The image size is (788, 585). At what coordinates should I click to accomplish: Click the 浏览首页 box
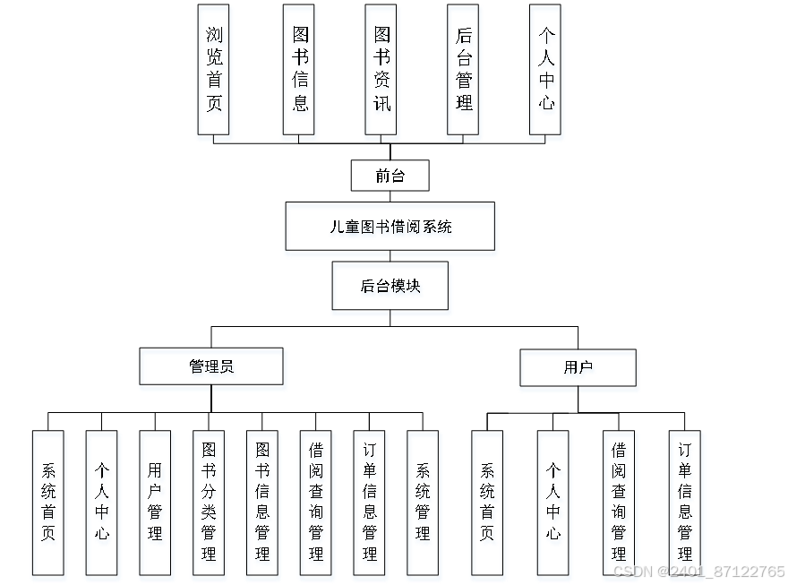tap(213, 69)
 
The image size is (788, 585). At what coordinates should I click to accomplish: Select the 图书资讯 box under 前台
tap(381, 69)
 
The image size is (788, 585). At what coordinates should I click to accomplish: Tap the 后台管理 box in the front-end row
tap(463, 69)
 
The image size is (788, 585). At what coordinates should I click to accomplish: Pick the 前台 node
tap(390, 176)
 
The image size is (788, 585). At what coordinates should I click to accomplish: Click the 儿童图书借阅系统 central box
tap(390, 226)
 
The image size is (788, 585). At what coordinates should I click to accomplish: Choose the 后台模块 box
tap(390, 286)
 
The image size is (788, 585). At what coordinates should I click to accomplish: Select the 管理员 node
tap(211, 366)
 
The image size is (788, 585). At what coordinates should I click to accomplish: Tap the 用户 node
tap(578, 367)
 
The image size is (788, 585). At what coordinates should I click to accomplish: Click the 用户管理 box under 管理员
tap(155, 503)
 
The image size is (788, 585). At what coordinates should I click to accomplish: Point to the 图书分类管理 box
tap(209, 503)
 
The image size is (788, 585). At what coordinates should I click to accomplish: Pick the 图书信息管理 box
tap(262, 503)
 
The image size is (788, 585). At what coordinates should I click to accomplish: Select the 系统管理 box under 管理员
tap(423, 503)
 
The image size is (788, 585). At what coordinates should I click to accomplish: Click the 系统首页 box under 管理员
tap(47, 503)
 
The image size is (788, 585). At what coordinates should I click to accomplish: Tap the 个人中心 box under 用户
tap(553, 503)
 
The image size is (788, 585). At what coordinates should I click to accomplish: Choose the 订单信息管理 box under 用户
tap(685, 503)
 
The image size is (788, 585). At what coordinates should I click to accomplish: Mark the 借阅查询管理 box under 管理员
tap(315, 503)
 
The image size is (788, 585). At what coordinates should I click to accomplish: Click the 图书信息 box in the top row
tap(299, 69)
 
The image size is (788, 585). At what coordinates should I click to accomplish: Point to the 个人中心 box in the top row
tap(545, 69)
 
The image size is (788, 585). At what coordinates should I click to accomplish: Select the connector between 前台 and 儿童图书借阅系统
tap(390, 196)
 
